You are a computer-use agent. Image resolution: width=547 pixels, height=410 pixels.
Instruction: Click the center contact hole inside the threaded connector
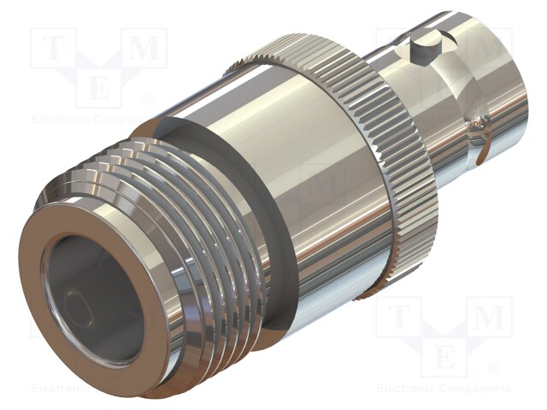tap(82, 300)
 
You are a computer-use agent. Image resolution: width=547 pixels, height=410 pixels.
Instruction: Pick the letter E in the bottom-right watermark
tap(444, 355)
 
